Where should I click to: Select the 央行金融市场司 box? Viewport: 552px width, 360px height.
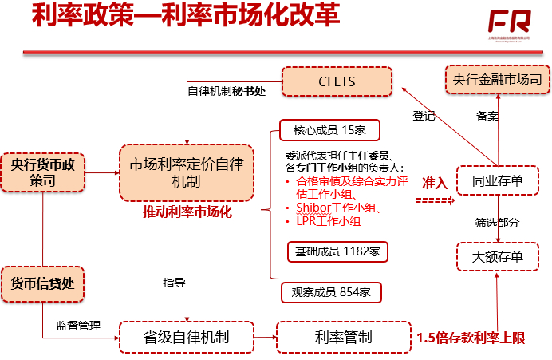pyautogui.click(x=497, y=81)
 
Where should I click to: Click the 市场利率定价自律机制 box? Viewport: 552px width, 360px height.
pyautogui.click(x=186, y=172)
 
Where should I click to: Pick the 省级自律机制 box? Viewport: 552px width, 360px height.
pyautogui.click(x=186, y=338)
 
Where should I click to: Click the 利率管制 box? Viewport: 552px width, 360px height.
pyautogui.click(x=343, y=338)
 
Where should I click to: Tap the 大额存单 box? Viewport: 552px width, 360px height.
pyautogui.click(x=497, y=256)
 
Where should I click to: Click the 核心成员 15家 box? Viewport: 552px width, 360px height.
pyautogui.click(x=329, y=130)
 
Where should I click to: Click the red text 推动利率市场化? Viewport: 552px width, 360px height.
pyautogui.click(x=187, y=212)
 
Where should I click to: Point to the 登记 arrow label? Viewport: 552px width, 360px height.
pyautogui.click(x=424, y=116)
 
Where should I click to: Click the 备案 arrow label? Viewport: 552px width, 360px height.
pyautogui.click(x=487, y=116)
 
